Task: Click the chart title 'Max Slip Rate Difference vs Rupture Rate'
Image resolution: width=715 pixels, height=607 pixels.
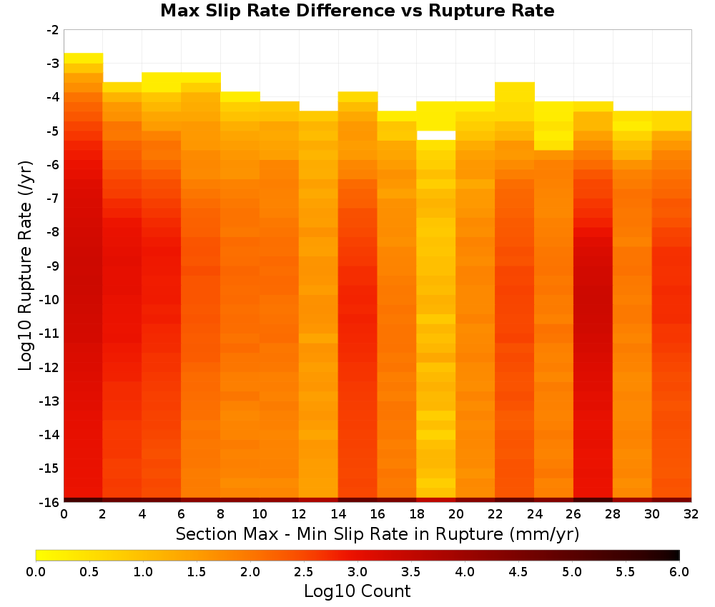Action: coord(357,11)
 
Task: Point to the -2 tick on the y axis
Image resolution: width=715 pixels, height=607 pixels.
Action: coord(53,30)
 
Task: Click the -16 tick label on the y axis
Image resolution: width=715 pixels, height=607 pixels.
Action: coord(50,502)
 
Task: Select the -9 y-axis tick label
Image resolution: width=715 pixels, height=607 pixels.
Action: coord(53,266)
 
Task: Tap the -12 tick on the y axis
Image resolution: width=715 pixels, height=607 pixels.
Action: coord(50,367)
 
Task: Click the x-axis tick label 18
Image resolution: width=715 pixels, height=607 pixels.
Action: coord(417,514)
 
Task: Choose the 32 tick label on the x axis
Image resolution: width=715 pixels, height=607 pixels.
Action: coord(691,514)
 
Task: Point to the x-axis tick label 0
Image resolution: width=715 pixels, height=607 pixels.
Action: coord(64,514)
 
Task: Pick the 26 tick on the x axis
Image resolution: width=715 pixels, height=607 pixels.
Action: coord(573,514)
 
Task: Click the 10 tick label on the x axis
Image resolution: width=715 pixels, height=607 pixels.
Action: coord(260,514)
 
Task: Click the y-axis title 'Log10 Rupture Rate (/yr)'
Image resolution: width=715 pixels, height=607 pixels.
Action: coord(26,266)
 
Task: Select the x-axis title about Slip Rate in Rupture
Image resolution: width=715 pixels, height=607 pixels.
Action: coord(378,533)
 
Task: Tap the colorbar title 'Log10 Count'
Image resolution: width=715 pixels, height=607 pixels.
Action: coord(357,591)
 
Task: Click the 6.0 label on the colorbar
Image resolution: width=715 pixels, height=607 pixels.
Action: coord(679,571)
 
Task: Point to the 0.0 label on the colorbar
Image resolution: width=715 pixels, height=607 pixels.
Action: coord(36,571)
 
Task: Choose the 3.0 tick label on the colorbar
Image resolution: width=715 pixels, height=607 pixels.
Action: coord(357,571)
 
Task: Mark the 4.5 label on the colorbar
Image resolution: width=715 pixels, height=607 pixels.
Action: coord(518,571)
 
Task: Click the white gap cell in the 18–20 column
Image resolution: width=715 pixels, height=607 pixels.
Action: coord(436,135)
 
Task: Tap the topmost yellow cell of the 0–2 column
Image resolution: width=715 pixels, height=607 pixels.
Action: coord(84,59)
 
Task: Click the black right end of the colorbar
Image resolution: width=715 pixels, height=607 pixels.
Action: coord(675,555)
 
